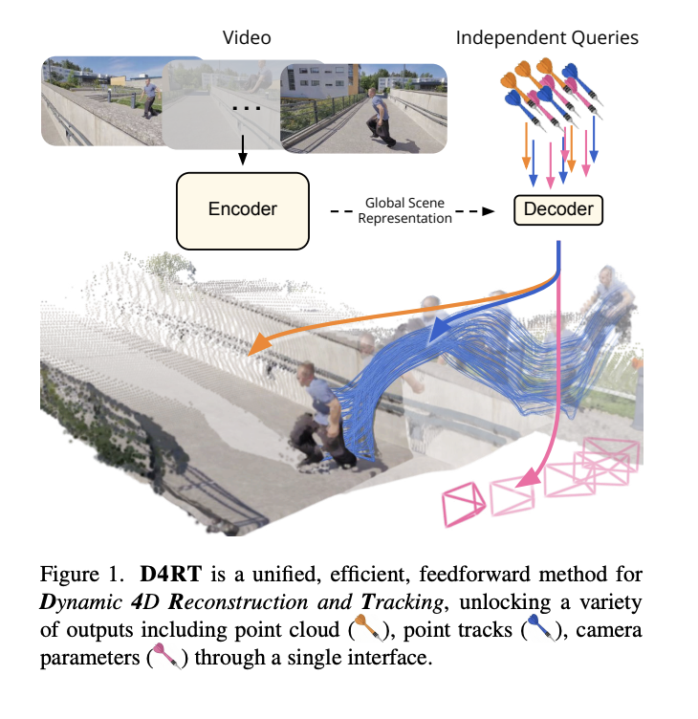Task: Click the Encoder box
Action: (243, 210)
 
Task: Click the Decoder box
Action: (558, 210)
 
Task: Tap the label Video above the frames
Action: (247, 37)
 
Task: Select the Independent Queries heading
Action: (547, 37)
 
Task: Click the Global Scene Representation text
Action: (404, 210)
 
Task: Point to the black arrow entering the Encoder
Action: (243, 150)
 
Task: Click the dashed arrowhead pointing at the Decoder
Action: (489, 211)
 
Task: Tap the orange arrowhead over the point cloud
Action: (258, 344)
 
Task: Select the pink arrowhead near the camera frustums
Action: (528, 477)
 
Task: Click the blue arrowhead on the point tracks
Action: (438, 330)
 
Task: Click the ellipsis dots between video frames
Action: (247, 108)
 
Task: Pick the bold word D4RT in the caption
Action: (170, 574)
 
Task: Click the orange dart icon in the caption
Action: (369, 628)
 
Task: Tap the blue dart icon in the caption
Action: (541, 628)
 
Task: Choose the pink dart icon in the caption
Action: (167, 656)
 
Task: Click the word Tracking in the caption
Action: (402, 603)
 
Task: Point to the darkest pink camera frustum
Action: (463, 505)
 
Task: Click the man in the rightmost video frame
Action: (381, 118)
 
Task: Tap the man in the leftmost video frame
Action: (150, 98)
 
